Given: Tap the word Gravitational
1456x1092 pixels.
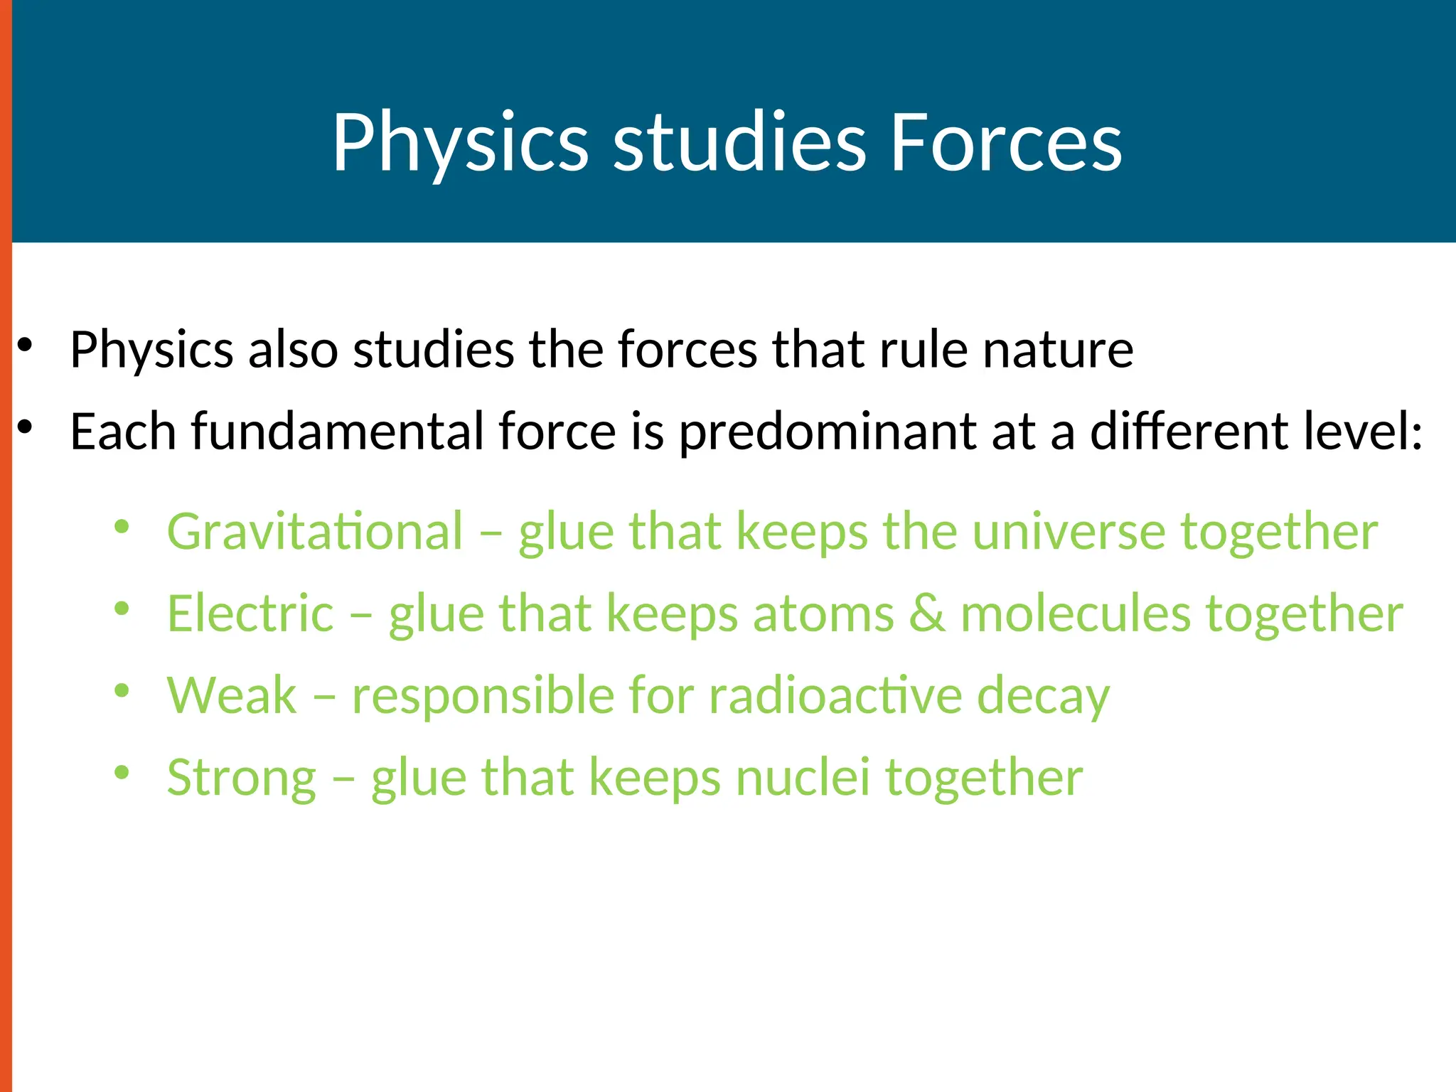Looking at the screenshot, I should [x=315, y=532].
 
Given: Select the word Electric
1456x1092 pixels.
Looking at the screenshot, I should [x=250, y=614].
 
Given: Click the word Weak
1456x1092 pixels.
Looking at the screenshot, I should [x=232, y=695].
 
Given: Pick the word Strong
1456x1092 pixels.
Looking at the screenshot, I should [x=242, y=778].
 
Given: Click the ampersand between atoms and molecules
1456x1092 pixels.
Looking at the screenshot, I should [x=927, y=614].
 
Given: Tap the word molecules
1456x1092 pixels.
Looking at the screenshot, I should [x=1075, y=614].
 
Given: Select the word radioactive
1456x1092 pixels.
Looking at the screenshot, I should [x=835, y=695].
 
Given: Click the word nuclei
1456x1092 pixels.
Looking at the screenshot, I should [x=803, y=778].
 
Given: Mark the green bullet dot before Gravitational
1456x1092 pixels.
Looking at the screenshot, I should [x=122, y=527].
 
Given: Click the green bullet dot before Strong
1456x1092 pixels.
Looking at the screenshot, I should [x=122, y=772].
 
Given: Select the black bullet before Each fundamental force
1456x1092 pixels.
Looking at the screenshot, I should [x=26, y=427].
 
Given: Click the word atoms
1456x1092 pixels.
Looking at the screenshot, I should [x=823, y=614].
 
